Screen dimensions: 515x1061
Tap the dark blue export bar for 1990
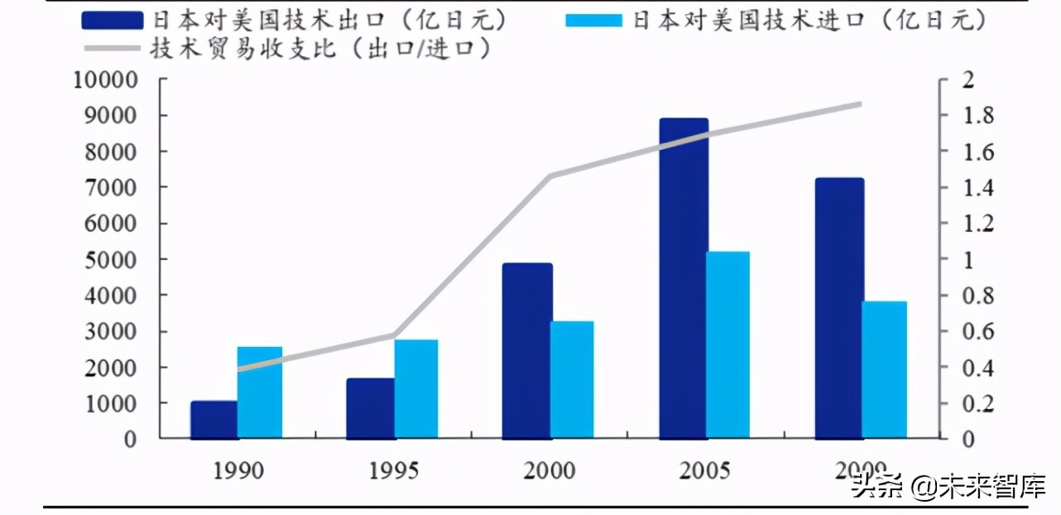pos(214,420)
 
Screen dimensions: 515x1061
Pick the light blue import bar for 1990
pos(260,392)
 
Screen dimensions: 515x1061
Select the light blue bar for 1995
pos(416,388)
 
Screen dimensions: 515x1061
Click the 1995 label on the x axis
pos(394,471)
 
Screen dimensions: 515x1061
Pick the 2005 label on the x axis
pos(705,471)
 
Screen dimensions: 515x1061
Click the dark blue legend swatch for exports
pos(113,19)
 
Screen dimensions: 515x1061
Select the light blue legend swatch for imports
pos(593,19)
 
